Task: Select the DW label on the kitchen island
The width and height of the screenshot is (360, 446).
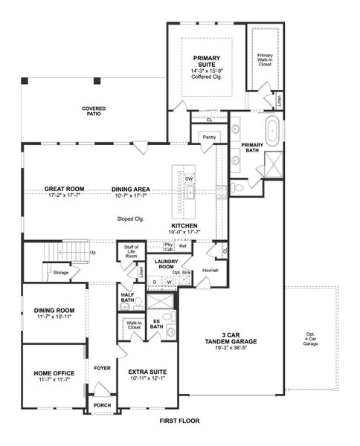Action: click(190, 178)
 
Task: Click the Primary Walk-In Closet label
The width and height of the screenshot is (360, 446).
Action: click(264, 59)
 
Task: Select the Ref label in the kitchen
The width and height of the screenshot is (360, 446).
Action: click(182, 246)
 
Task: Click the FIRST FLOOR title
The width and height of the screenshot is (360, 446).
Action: click(180, 420)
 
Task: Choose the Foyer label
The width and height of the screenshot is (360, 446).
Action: click(101, 368)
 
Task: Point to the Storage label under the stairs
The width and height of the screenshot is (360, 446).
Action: click(60, 273)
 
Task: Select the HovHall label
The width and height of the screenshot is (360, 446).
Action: click(210, 270)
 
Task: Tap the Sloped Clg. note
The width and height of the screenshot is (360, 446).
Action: click(130, 219)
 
